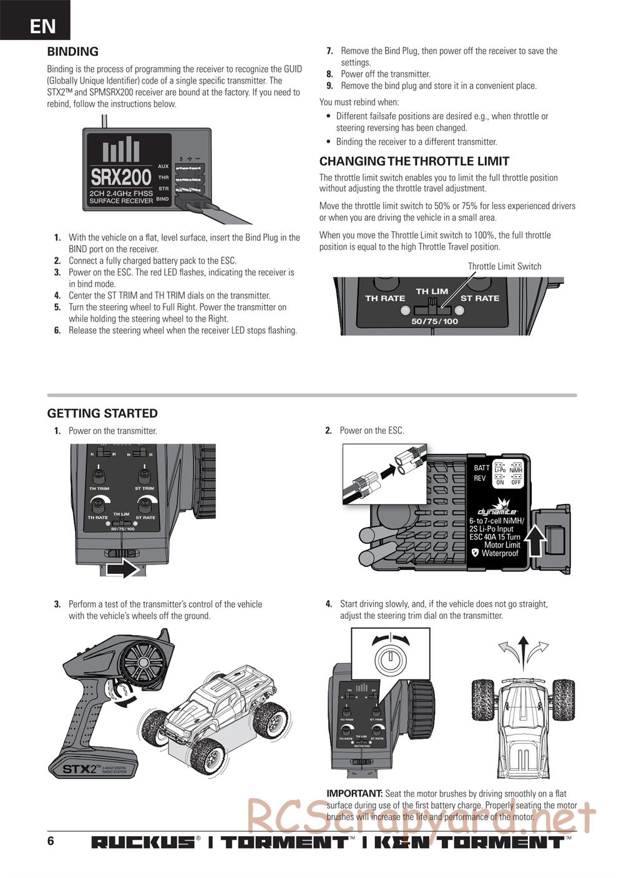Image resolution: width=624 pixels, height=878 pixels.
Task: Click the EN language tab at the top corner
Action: point(42,26)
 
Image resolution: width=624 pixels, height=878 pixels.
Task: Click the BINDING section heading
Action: point(72,52)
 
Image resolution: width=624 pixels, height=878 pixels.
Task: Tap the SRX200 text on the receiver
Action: point(121,178)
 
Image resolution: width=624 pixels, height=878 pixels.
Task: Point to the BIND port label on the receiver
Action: point(162,199)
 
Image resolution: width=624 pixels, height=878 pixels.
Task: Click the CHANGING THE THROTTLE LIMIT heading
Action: point(414,161)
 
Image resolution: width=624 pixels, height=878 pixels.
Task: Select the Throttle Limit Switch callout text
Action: point(504,266)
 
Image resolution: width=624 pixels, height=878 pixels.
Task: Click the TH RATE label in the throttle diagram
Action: point(385,298)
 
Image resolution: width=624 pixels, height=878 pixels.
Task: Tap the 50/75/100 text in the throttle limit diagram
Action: point(434,321)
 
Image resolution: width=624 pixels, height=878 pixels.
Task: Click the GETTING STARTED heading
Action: point(102,413)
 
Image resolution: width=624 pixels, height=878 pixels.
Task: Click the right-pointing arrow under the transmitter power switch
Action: point(123,569)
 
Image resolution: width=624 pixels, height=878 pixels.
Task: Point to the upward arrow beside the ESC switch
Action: point(535,540)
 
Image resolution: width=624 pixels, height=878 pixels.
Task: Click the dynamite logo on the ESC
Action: point(497,511)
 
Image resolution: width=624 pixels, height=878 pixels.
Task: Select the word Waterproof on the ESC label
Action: point(500,553)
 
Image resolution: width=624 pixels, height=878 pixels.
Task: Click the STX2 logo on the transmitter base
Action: point(78,769)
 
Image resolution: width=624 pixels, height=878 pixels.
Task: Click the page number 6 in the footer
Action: point(51,841)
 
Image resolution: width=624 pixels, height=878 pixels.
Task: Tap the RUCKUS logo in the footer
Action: point(143,842)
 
